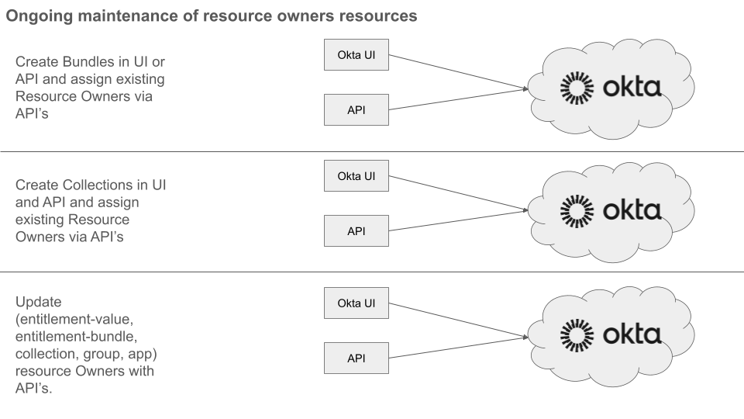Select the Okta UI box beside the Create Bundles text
(x=356, y=56)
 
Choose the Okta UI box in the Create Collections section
(x=356, y=176)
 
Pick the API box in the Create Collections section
(x=356, y=231)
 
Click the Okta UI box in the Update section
(x=356, y=303)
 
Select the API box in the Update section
(x=356, y=358)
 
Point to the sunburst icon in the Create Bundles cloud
(x=577, y=88)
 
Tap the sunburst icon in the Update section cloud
(x=577, y=334)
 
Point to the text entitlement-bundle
(x=71, y=336)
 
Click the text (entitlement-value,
(x=69, y=318)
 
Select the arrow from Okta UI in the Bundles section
(x=457, y=72)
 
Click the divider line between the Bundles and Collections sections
(x=372, y=151)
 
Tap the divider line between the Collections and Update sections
(x=372, y=272)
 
